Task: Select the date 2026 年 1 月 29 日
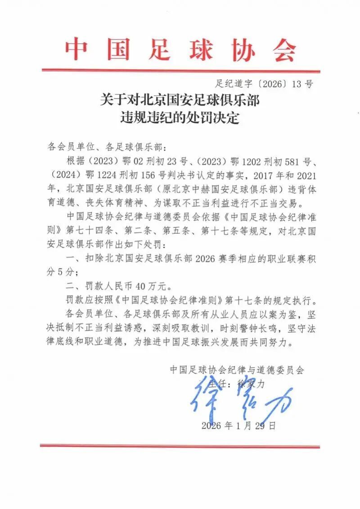[x=238, y=425]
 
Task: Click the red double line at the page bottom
[x=180, y=446]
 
